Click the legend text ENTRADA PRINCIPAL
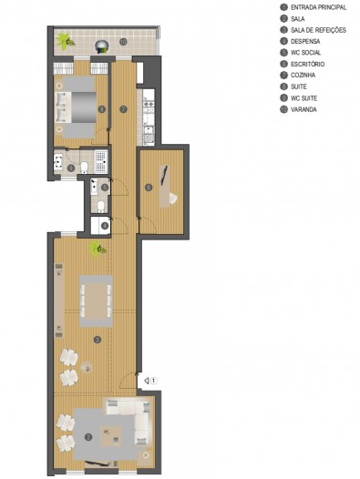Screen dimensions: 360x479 [318, 7]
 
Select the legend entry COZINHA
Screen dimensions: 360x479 [303, 76]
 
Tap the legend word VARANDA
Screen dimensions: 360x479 [303, 109]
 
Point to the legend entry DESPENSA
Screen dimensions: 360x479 [305, 41]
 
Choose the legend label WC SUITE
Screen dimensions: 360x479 [303, 98]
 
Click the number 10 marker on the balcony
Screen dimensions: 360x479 [123, 42]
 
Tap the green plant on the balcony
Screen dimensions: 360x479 [66, 42]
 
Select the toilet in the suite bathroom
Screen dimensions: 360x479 [84, 167]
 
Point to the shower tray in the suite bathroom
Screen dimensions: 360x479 [101, 161]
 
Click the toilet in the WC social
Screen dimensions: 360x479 [100, 206]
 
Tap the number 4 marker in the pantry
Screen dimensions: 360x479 [105, 226]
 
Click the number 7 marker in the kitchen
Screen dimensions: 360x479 [123, 109]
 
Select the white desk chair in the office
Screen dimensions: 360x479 [172, 199]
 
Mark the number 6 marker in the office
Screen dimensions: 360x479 [149, 188]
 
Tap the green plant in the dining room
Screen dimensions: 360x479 [98, 249]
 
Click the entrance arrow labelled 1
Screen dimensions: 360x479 [146, 381]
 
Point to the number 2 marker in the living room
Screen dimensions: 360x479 [88, 437]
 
